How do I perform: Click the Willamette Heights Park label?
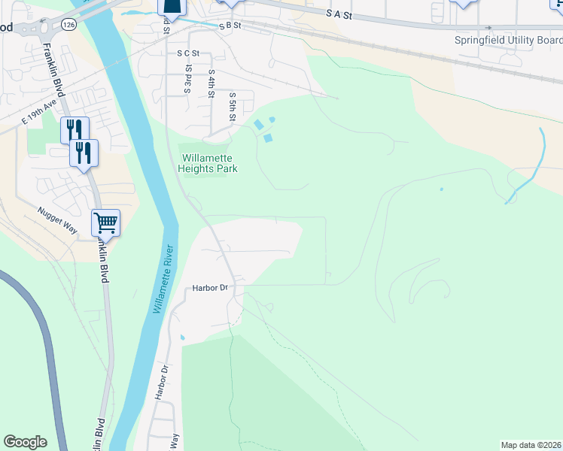pos(208,163)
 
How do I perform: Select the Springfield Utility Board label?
pos(508,41)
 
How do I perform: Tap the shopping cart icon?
pos(106,222)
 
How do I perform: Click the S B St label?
pos(229,26)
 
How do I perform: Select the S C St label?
pos(188,53)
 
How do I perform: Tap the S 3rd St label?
pos(188,78)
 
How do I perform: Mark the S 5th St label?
pos(233,107)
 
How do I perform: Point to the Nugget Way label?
pos(57,218)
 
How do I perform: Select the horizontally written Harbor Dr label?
pos(209,288)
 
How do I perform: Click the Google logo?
pos(25,442)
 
